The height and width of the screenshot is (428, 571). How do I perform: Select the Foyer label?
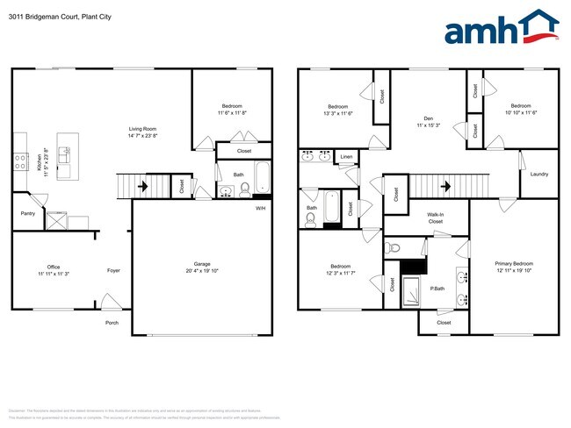[x=113, y=271]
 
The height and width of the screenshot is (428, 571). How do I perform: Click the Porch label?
[x=112, y=322]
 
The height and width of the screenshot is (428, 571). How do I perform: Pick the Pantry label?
[x=27, y=213]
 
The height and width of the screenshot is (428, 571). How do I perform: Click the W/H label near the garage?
[x=260, y=208]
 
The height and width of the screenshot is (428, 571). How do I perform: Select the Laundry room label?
[x=538, y=174]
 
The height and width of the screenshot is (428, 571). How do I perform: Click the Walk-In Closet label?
[x=435, y=218]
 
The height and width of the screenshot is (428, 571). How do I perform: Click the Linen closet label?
[x=346, y=157]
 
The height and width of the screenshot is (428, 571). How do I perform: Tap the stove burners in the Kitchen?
[x=19, y=160]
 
